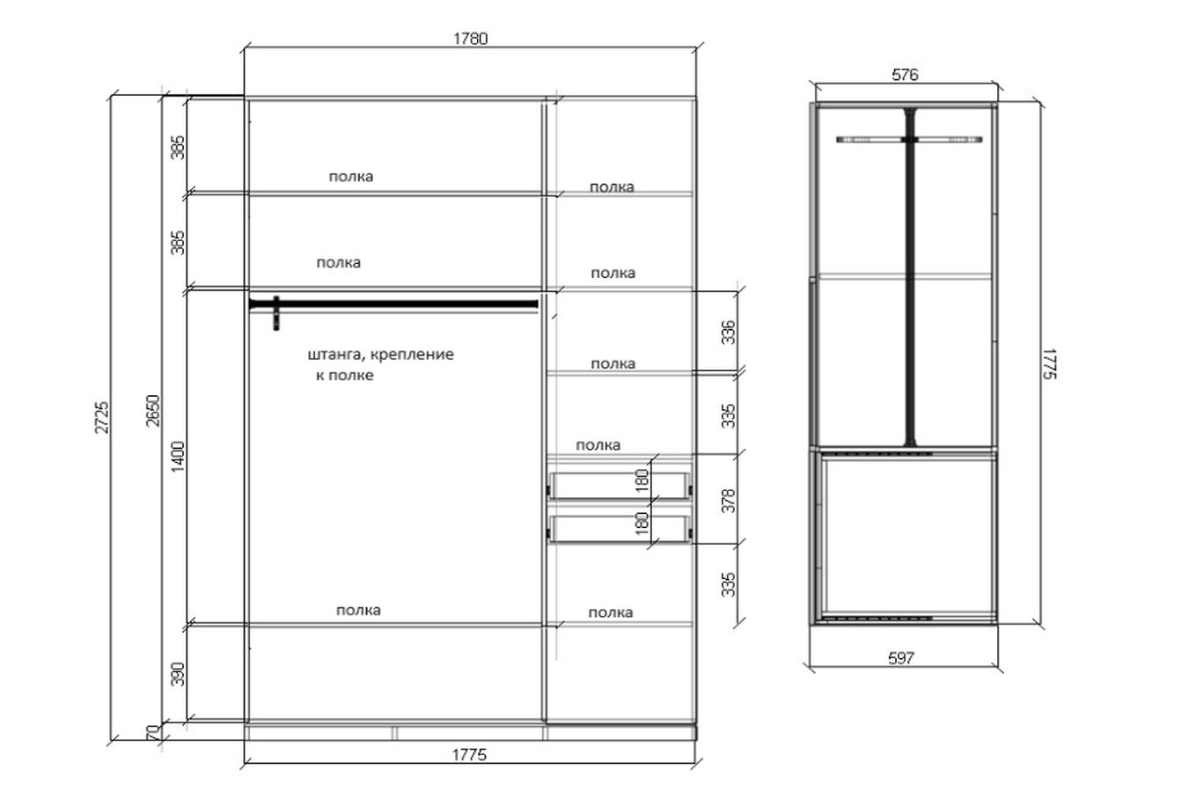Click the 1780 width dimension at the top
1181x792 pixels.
point(470,39)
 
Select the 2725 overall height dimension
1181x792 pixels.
point(102,418)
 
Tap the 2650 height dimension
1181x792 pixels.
point(153,411)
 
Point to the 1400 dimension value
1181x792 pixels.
point(179,457)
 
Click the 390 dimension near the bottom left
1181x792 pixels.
point(179,674)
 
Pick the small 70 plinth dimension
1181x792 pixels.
point(152,732)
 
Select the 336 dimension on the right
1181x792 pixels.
point(728,332)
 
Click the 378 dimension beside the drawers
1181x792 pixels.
point(728,501)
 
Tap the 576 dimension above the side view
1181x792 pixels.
point(905,75)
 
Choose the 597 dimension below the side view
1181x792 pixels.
point(901,658)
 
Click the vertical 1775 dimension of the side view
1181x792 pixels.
point(1049,363)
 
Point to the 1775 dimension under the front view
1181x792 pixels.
point(469,755)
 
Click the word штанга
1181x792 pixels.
point(334,355)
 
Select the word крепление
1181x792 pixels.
point(412,355)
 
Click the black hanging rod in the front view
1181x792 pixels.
point(393,304)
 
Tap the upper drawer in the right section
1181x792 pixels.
point(619,486)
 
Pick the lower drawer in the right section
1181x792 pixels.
point(619,529)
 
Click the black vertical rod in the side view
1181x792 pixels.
point(910,277)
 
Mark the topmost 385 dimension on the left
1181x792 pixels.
point(179,147)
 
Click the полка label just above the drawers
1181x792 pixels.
point(598,445)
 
